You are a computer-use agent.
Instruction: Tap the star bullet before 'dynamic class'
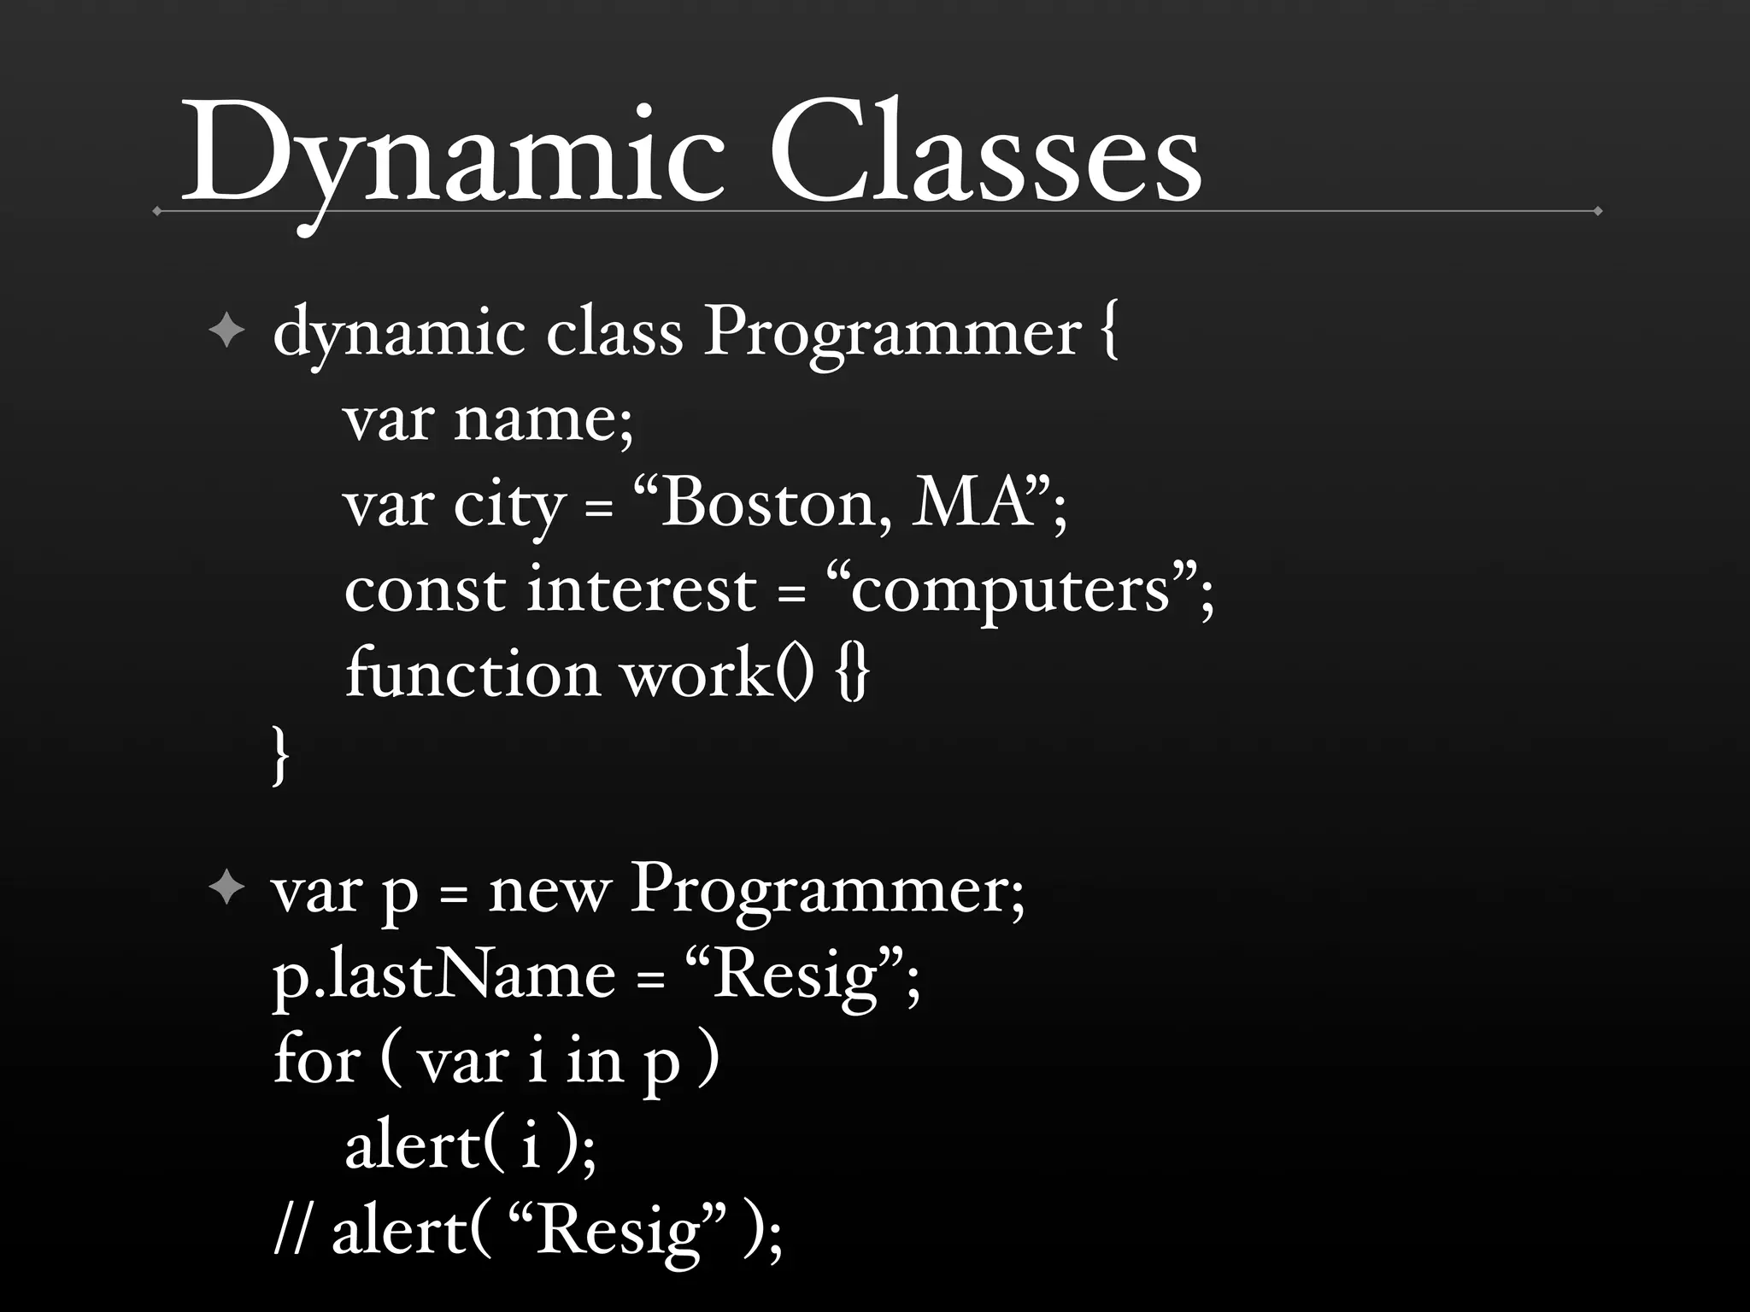tap(226, 331)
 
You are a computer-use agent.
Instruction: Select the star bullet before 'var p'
tap(226, 889)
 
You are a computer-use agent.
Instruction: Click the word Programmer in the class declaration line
tap(892, 333)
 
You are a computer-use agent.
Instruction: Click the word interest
tap(641, 589)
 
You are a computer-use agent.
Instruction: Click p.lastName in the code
tap(443, 975)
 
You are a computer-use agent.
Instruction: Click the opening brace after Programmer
tap(1108, 333)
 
